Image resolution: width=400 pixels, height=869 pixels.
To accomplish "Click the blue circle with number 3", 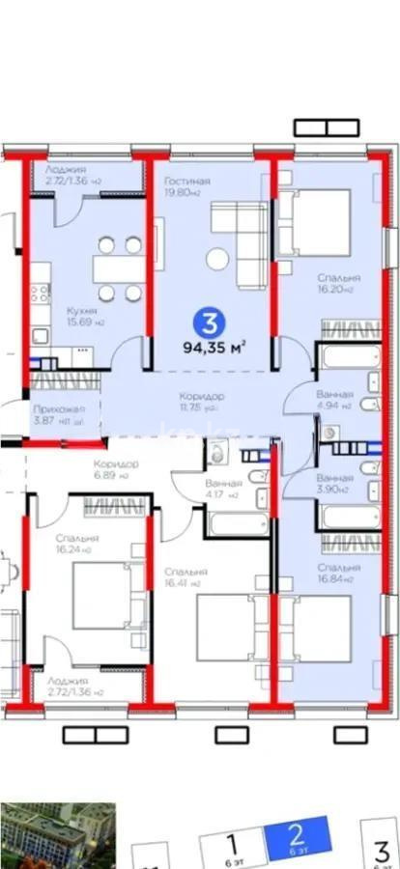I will [205, 321].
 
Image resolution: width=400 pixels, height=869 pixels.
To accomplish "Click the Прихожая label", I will [51, 409].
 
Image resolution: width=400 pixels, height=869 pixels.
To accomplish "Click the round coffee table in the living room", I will [218, 259].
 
